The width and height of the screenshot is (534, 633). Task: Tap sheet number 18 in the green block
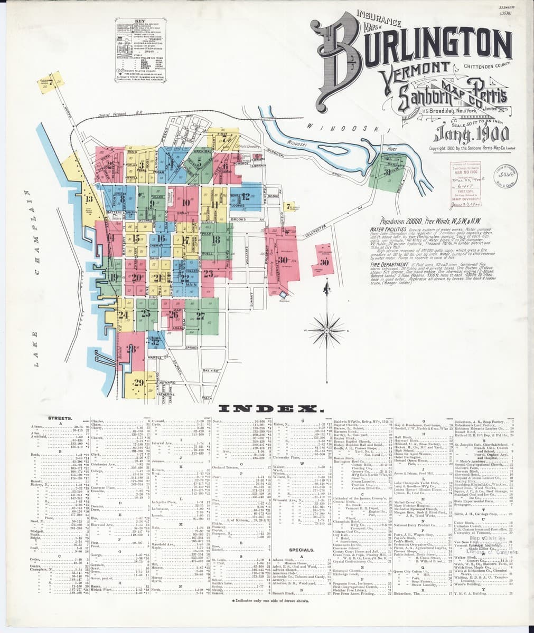pos(216,239)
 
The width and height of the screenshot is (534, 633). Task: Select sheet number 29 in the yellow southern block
pos(139,382)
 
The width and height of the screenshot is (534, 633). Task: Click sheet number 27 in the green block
pos(200,316)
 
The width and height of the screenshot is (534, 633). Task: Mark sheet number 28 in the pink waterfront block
pos(132,348)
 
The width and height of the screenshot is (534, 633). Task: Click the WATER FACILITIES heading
pos(388,231)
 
